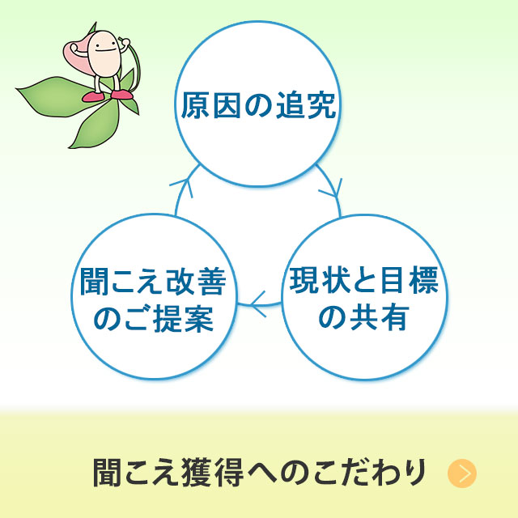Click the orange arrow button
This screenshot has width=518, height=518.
point(462,473)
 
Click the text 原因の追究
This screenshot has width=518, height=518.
point(258,105)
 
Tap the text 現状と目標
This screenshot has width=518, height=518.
point(363,280)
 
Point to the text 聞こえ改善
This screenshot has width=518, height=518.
point(153,282)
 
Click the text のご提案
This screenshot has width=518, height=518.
point(154,318)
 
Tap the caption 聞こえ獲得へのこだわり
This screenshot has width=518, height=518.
point(259,473)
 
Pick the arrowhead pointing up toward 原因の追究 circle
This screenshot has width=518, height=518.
point(184,187)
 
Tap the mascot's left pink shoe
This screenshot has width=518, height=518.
point(93,96)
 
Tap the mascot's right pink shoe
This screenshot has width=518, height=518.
point(122,95)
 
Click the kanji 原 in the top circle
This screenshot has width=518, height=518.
point(195,105)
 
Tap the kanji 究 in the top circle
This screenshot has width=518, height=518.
point(322,105)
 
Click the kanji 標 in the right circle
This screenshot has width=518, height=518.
point(423,280)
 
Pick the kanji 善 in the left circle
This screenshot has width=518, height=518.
point(212,282)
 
